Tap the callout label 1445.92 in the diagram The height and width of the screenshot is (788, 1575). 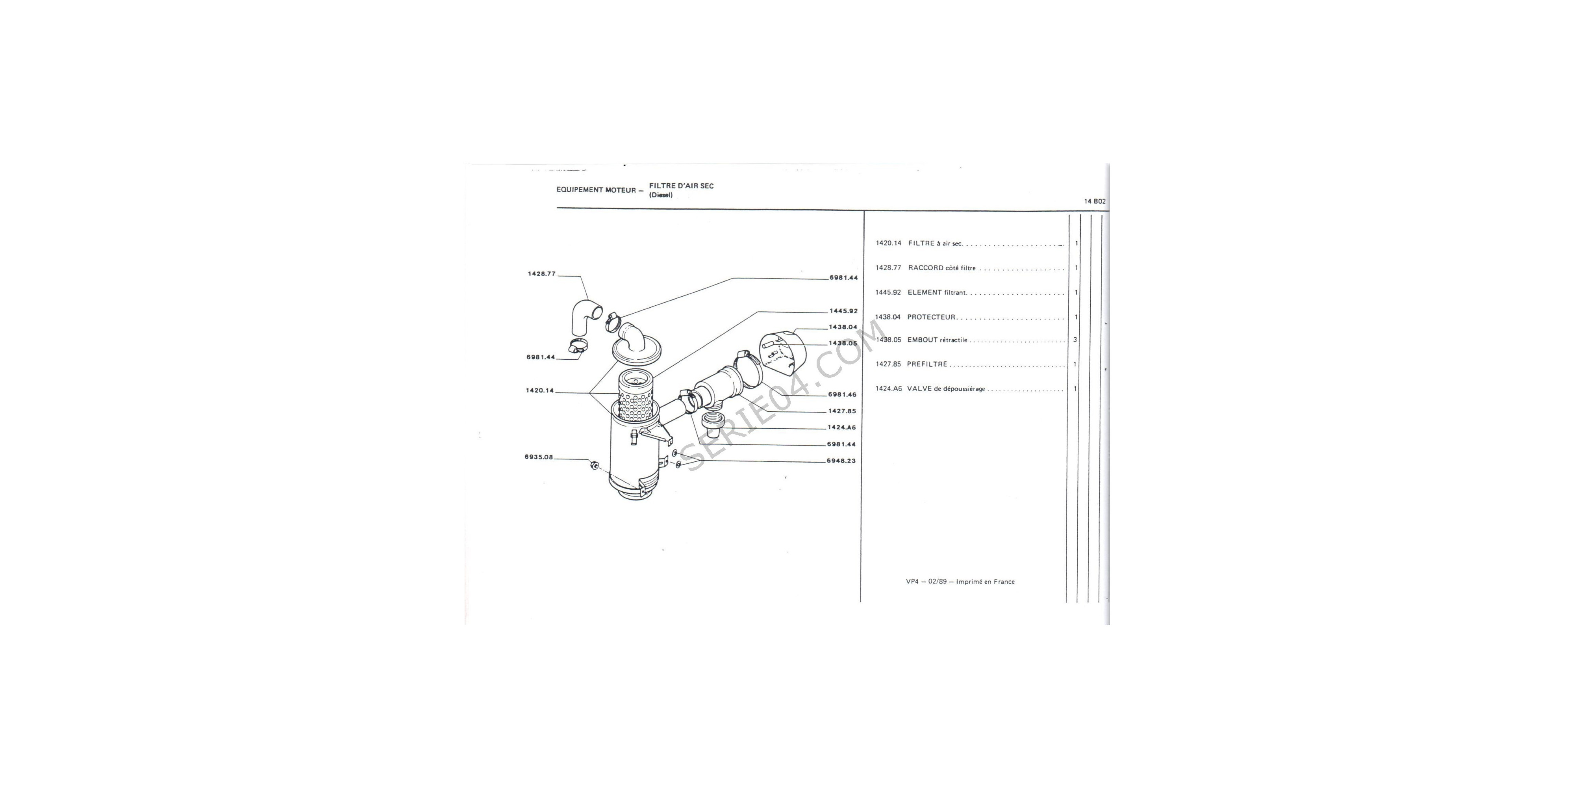(x=843, y=311)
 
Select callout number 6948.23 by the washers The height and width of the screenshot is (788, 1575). (x=841, y=461)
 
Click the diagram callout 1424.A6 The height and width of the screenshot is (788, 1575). (x=842, y=427)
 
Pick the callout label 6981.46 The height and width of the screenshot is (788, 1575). (x=843, y=395)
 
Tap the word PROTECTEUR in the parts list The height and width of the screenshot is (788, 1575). (x=931, y=317)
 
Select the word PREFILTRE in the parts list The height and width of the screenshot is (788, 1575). (x=927, y=364)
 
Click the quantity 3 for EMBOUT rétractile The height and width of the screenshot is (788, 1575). (x=1075, y=340)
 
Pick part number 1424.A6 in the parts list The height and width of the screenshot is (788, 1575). (x=888, y=388)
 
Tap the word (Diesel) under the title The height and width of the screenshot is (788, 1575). (x=661, y=195)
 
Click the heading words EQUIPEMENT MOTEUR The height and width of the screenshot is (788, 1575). (x=596, y=190)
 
